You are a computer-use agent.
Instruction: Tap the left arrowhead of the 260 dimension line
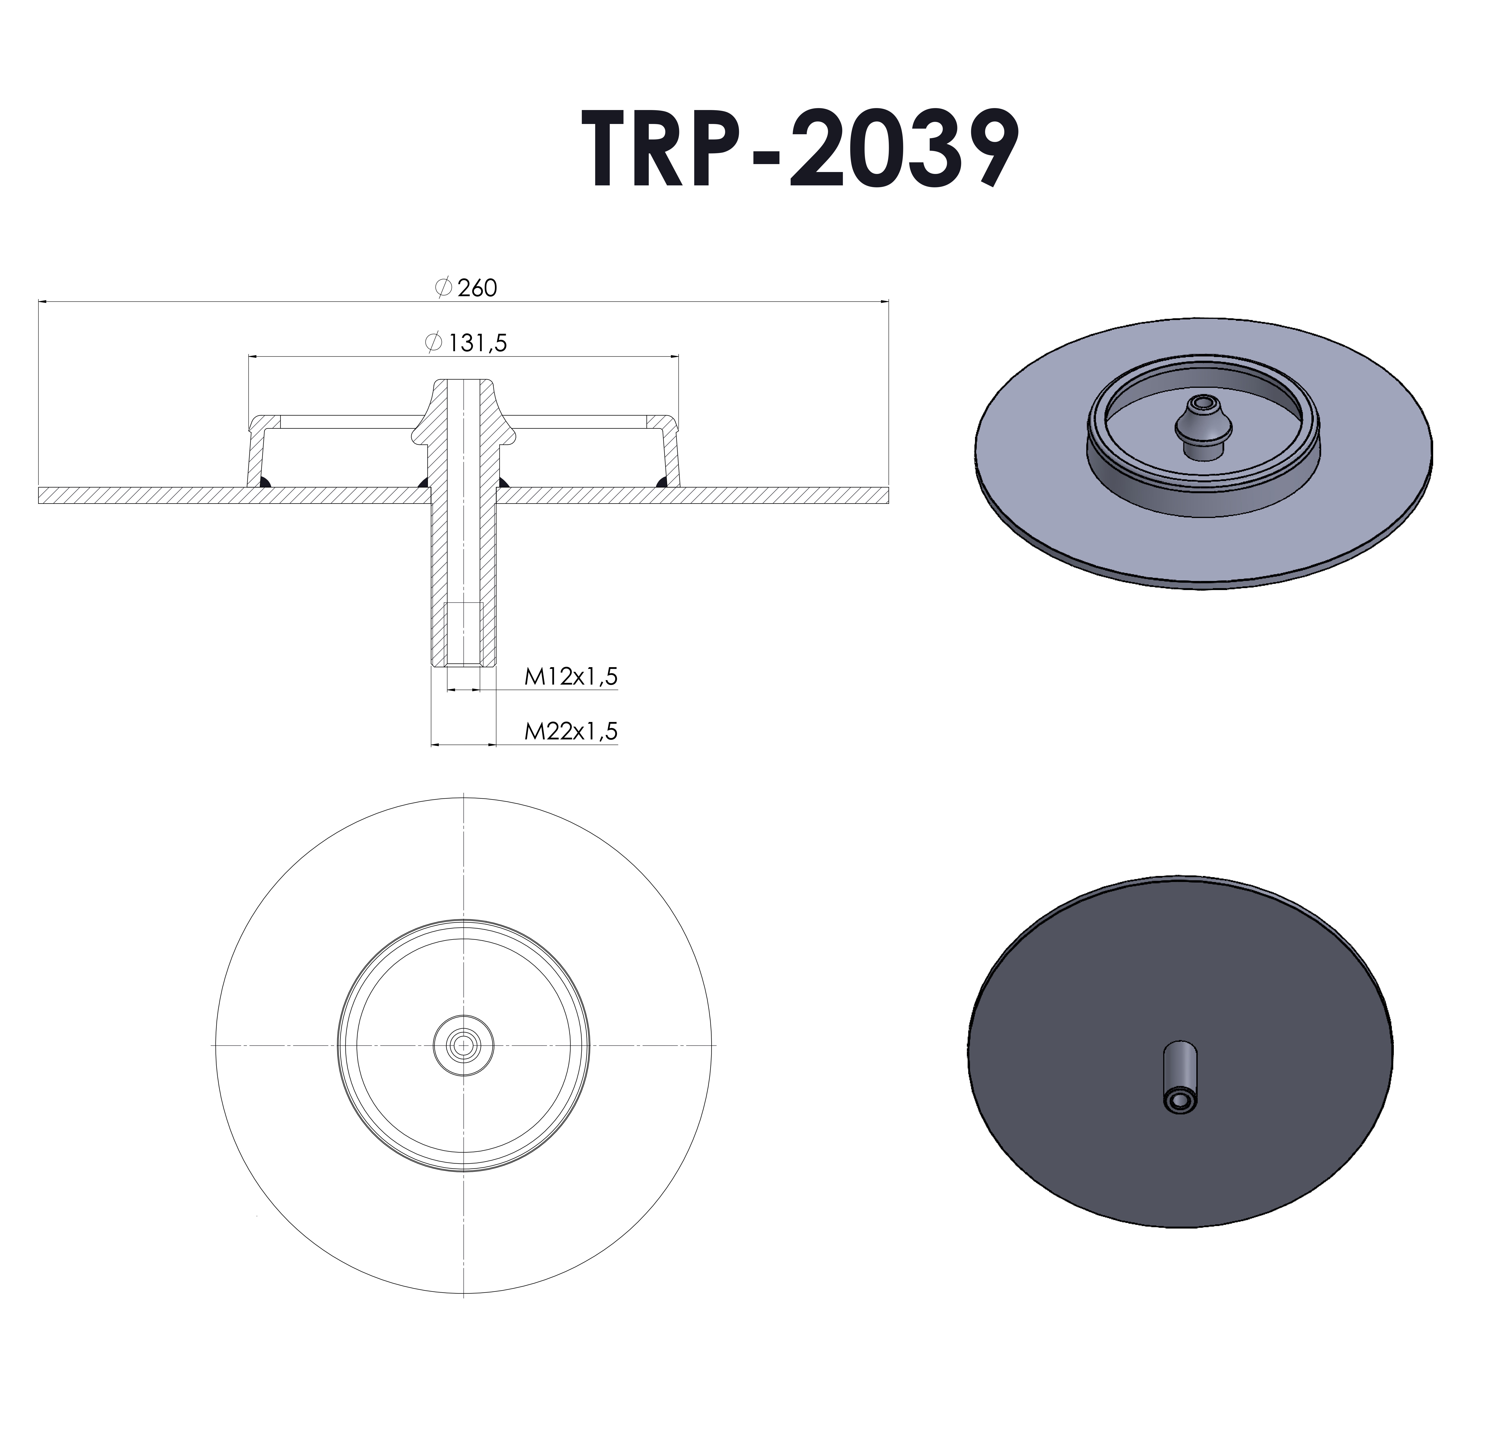point(42,302)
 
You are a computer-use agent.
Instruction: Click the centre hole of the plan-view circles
point(463,1046)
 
